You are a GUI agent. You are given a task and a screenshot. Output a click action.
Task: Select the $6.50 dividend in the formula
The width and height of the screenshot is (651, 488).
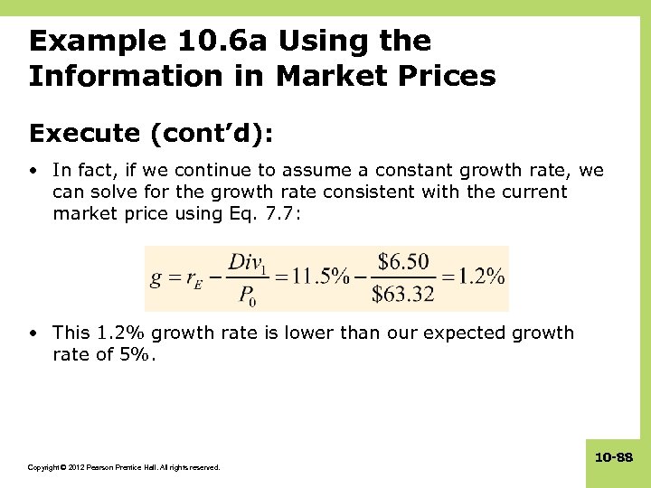pyautogui.click(x=403, y=263)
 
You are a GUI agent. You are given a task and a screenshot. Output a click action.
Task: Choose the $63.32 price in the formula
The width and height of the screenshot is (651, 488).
pyautogui.click(x=403, y=295)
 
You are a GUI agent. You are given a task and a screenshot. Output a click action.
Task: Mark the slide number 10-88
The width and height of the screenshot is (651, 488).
pyautogui.click(x=616, y=458)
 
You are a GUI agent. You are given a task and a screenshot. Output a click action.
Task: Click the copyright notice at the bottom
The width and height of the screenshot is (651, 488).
pyautogui.click(x=124, y=467)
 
